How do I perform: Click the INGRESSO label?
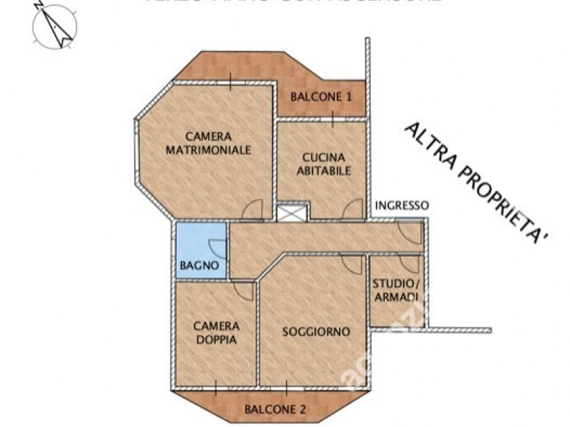coord(402,206)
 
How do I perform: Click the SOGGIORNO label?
coord(315,332)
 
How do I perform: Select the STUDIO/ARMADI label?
coord(397,290)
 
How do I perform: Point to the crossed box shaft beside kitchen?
coord(293,212)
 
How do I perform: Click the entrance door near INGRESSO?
coord(410,232)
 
